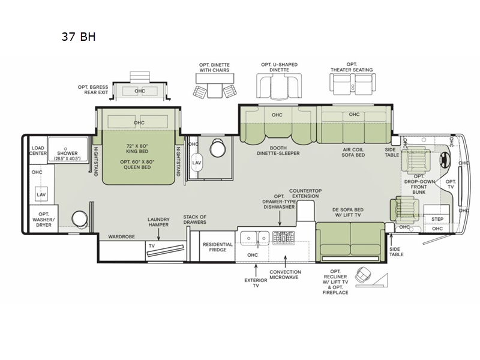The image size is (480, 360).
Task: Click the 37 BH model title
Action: pos(79,37)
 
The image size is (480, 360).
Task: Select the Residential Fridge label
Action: pos(218,247)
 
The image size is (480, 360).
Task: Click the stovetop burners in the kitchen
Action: pos(284,238)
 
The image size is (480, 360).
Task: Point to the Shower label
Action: pos(67,153)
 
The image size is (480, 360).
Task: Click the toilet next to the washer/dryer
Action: pos(80,218)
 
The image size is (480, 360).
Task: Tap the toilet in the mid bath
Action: pos(218,148)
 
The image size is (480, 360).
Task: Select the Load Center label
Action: pos(38,151)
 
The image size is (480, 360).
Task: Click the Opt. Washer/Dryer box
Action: pos(43,220)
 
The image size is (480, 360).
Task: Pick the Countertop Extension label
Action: pos(305,193)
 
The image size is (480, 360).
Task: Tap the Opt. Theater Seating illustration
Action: pos(352,83)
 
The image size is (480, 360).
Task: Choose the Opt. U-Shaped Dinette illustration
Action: pos(279,86)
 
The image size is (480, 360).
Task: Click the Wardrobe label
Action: pos(122,236)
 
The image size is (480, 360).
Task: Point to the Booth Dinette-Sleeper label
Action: pos(278,151)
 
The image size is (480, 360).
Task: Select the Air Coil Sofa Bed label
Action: pos(353,152)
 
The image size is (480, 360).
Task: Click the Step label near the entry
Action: pos(437,219)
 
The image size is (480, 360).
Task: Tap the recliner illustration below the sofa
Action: pos(364,275)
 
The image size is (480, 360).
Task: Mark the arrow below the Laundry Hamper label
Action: pos(158,235)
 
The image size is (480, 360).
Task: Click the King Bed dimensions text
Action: pos(137,148)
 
